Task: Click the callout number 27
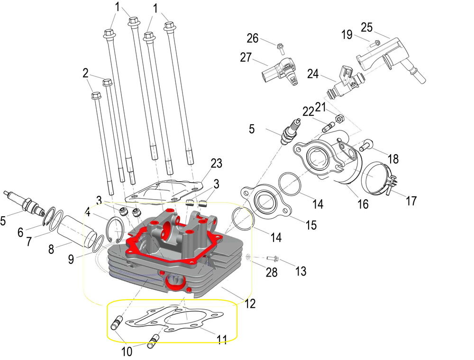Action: coord(246,57)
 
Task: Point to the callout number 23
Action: coord(216,163)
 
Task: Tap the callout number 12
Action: coord(250,303)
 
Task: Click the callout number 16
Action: coord(363,204)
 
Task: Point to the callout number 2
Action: coord(85,74)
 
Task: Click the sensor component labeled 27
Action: coord(280,74)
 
